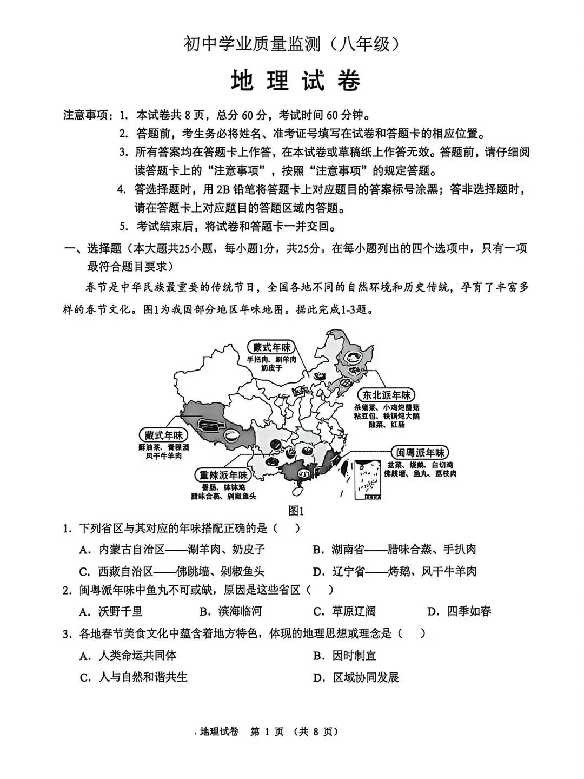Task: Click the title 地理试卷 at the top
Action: (295, 81)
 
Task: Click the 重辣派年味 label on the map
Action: (223, 475)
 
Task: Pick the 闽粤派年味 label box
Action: (420, 452)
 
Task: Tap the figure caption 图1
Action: (296, 510)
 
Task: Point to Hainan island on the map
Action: (296, 490)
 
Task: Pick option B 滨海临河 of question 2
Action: (231, 611)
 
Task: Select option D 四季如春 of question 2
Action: (460, 611)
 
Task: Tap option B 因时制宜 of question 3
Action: (344, 655)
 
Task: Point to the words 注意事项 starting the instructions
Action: (87, 115)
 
